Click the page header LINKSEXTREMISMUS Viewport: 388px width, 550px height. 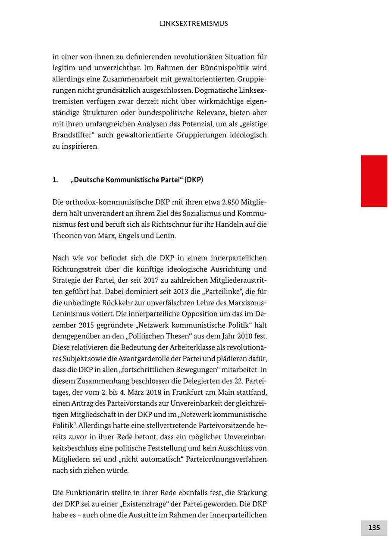(x=194, y=24)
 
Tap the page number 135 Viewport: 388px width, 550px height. (x=374, y=528)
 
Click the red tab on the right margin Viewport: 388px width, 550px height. (x=374, y=181)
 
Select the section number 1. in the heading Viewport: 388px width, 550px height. (x=55, y=180)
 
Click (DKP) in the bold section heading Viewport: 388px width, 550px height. (x=194, y=180)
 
